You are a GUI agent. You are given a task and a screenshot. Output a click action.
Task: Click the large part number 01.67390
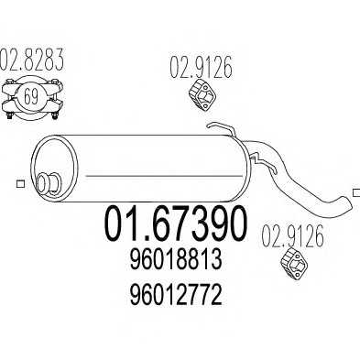[175, 224]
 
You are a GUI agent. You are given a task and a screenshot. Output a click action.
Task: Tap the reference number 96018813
[176, 259]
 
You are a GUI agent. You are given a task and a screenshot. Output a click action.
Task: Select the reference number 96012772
[176, 295]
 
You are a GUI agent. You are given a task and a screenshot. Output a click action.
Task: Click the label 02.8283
[32, 59]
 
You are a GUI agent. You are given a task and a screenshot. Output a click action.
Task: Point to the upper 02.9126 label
[201, 66]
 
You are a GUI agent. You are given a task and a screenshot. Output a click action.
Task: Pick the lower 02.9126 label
[292, 235]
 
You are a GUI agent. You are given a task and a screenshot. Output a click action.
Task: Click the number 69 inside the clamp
[31, 97]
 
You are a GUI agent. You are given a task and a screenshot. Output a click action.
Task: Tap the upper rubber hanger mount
[202, 94]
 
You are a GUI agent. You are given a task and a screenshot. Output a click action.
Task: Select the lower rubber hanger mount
[294, 264]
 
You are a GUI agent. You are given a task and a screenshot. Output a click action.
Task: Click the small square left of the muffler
[20, 184]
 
